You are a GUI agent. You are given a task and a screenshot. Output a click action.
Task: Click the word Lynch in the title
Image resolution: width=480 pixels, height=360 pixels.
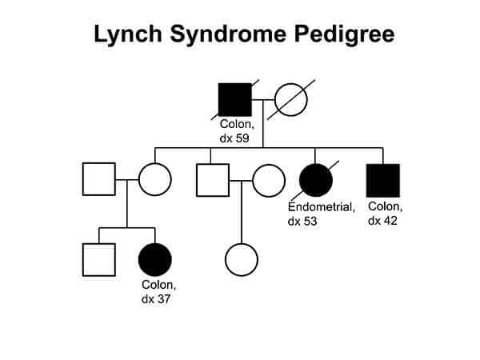point(126,35)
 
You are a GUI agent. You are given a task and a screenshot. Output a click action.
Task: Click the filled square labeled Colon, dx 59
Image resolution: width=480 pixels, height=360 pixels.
point(235,100)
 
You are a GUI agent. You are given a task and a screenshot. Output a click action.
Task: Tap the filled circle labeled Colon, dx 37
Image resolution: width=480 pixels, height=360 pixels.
point(155,259)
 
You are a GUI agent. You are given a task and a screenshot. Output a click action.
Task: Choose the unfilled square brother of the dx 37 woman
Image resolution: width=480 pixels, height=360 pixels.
point(99,259)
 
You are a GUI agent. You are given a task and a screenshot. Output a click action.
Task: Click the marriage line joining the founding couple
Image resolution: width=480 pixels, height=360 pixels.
point(263,100)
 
